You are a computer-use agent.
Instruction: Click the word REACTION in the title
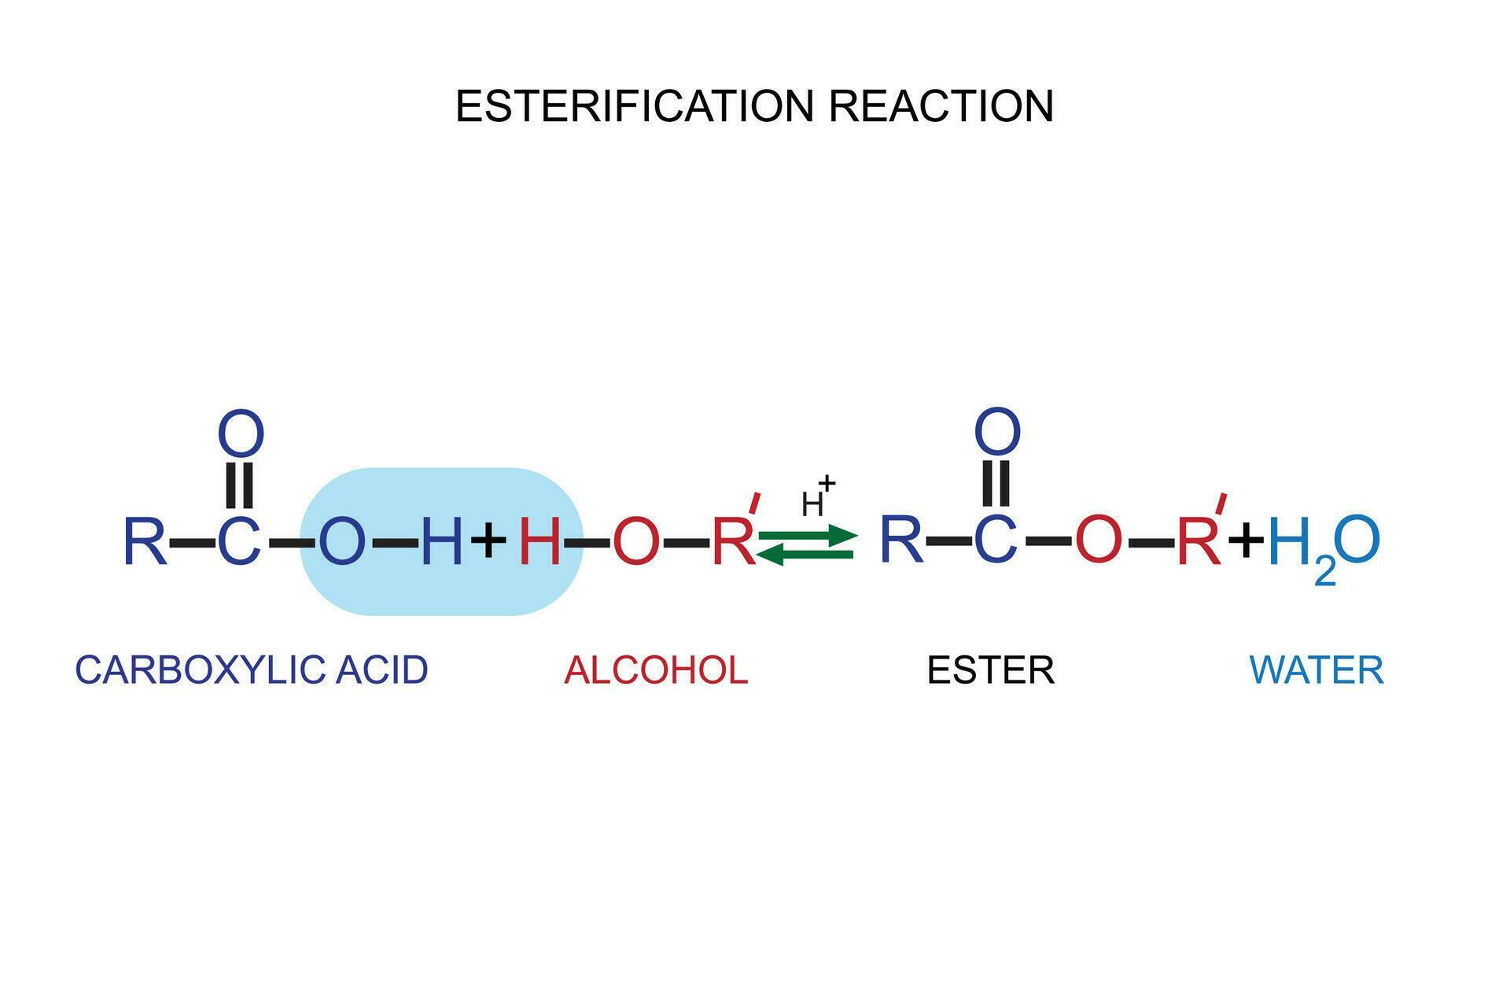(941, 106)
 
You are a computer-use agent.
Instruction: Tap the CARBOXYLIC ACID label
(251, 669)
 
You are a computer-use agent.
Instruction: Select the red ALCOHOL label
(655, 669)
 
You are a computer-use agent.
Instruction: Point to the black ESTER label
(990, 669)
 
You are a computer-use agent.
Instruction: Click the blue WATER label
(1316, 669)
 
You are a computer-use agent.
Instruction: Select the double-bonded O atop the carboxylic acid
(241, 433)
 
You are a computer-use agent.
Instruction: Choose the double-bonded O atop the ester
(997, 431)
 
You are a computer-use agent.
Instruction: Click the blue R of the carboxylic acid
(145, 541)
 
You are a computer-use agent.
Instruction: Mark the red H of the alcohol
(540, 541)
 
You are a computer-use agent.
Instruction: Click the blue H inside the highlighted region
(442, 541)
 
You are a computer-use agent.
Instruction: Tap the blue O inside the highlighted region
(342, 541)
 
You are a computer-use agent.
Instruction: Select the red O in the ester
(1098, 540)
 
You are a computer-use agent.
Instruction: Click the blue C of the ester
(996, 540)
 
